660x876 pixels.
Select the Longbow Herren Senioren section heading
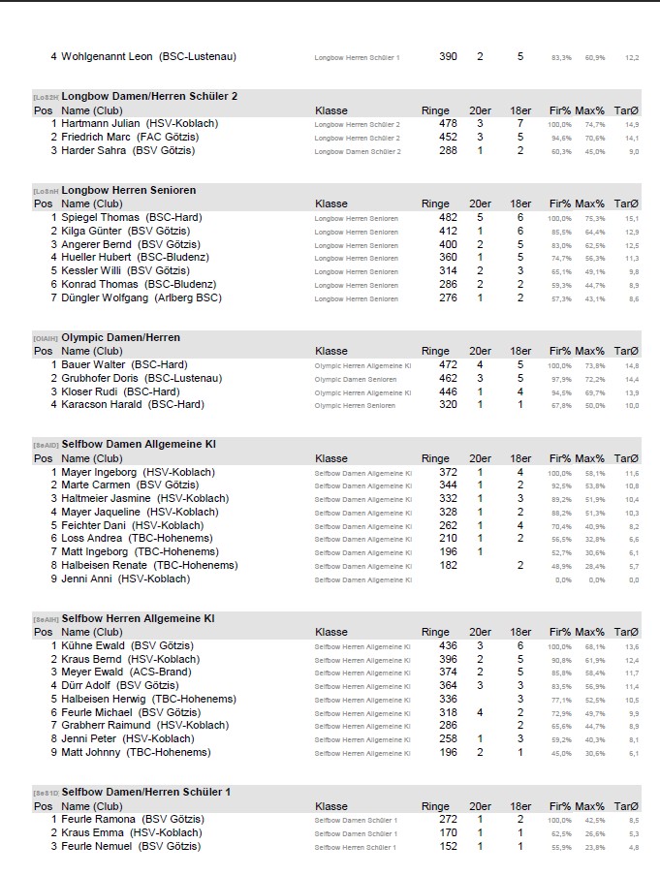coord(128,191)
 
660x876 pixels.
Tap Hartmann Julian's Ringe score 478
coord(448,124)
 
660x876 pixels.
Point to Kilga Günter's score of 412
coord(448,232)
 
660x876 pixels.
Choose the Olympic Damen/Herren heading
coord(121,338)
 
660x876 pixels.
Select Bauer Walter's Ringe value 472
coord(448,365)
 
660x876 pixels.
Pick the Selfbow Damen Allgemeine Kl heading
coord(139,445)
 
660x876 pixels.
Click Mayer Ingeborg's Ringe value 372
coord(448,472)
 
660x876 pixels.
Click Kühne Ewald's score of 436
coord(448,645)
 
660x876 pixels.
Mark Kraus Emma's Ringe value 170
coord(448,832)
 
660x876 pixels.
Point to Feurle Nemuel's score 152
coord(448,846)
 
